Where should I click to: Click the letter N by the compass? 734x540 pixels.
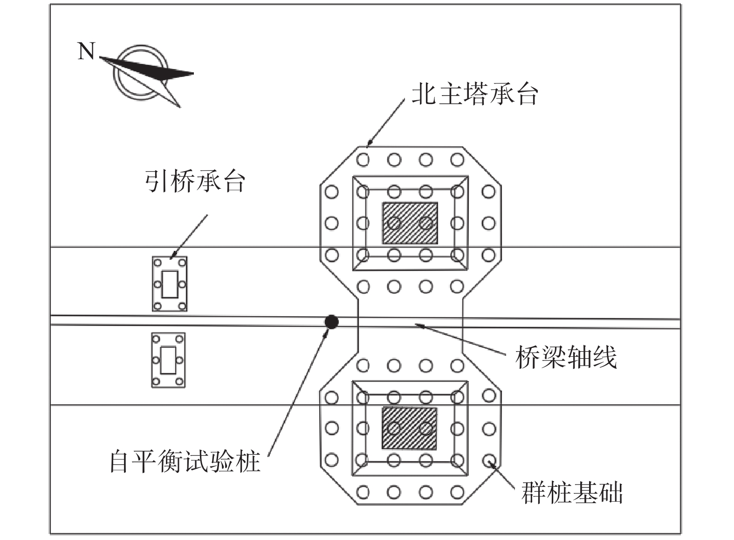point(86,51)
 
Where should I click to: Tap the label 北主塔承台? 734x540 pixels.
point(474,95)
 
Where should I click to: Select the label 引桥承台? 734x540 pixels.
point(195,182)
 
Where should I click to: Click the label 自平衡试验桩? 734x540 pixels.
point(185,462)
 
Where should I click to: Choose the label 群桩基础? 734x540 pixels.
point(572,492)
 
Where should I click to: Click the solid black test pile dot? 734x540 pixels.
point(331,321)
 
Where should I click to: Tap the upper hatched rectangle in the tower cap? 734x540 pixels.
point(410,223)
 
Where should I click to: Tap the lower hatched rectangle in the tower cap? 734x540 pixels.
point(410,428)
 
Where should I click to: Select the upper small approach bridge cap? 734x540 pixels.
point(170,284)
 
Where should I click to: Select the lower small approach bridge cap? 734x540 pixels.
point(168,360)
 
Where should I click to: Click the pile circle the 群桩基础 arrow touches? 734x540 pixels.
point(489,461)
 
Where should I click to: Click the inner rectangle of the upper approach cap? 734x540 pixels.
point(170,284)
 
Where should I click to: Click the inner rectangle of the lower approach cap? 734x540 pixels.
point(168,360)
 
